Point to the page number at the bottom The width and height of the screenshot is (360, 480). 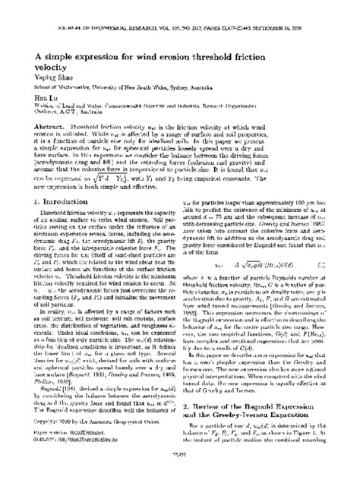(x=179, y=470)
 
